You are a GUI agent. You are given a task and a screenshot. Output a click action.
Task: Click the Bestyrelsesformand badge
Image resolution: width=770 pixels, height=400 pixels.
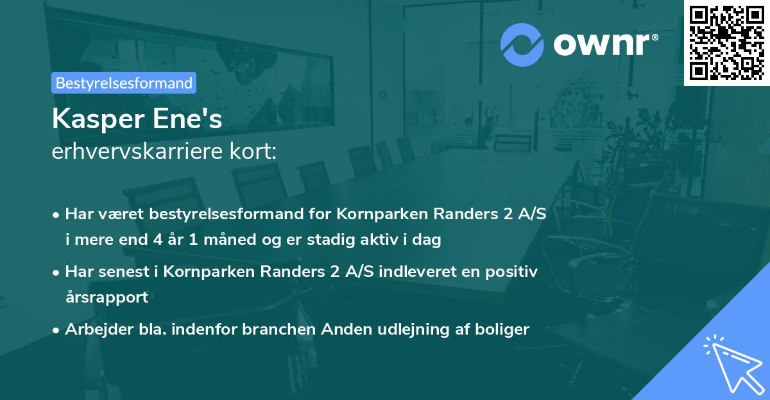[x=123, y=83]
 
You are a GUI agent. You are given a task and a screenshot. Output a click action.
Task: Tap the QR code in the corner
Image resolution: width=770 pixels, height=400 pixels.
[x=726, y=42]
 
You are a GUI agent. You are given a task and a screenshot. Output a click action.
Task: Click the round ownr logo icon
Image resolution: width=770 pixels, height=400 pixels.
[x=522, y=44]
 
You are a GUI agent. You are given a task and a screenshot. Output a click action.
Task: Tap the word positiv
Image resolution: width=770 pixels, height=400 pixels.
[x=514, y=271]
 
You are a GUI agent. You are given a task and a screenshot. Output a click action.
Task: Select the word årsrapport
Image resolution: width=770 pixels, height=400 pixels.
[x=107, y=297]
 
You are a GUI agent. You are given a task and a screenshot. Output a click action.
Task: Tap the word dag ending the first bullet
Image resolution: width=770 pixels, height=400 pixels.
[x=429, y=240]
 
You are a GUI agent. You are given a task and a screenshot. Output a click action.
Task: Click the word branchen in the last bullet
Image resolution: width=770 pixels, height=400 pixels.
[x=274, y=329]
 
